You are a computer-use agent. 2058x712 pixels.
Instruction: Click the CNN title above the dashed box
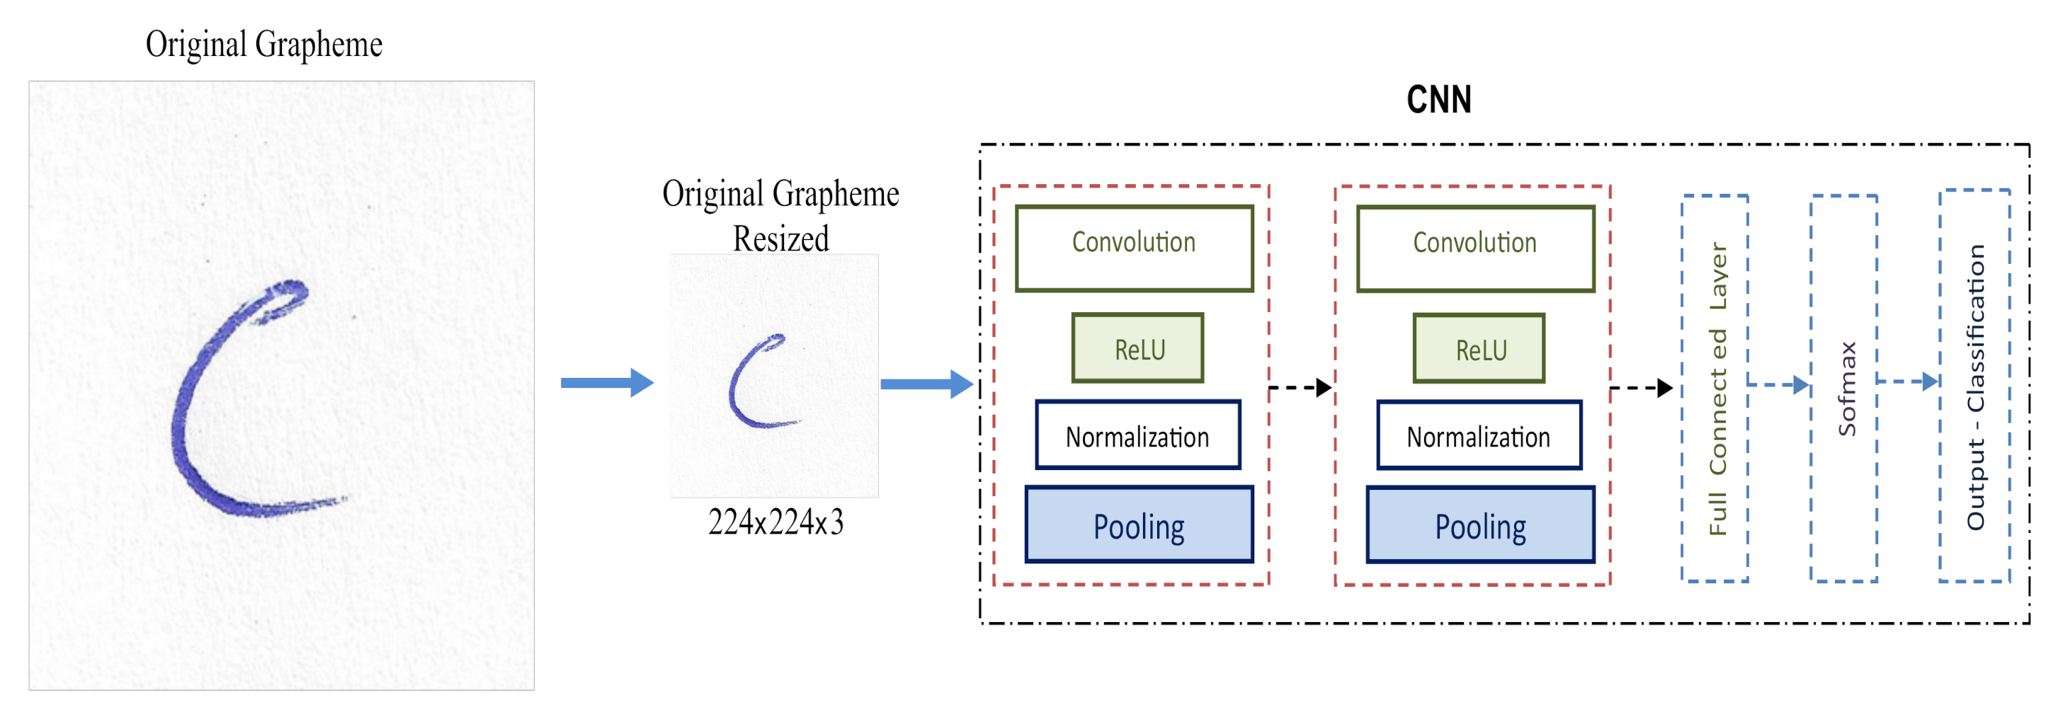click(x=1438, y=100)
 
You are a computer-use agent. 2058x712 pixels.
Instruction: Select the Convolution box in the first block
click(x=1134, y=248)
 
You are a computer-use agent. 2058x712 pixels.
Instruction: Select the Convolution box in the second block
click(x=1474, y=248)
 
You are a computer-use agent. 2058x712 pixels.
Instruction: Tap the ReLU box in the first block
click(x=1137, y=348)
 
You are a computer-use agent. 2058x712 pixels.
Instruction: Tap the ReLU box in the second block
click(x=1479, y=348)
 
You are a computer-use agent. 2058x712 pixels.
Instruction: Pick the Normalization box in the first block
click(x=1137, y=435)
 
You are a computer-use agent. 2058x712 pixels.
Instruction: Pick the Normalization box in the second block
click(x=1479, y=435)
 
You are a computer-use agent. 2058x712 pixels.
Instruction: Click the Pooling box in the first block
click(x=1139, y=525)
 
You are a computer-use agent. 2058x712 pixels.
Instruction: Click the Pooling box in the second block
click(x=1480, y=525)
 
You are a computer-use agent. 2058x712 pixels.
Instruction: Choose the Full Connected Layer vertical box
click(x=1715, y=389)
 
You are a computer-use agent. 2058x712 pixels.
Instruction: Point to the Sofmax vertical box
click(x=1844, y=389)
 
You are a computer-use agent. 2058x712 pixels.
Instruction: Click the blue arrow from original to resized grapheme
click(x=607, y=382)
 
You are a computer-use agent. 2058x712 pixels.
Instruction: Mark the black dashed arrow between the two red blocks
click(x=1300, y=388)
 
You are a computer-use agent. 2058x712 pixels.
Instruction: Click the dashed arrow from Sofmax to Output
click(x=1907, y=381)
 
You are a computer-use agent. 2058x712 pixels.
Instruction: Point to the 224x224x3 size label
click(x=775, y=522)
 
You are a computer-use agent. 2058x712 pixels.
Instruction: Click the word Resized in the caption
click(x=780, y=239)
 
